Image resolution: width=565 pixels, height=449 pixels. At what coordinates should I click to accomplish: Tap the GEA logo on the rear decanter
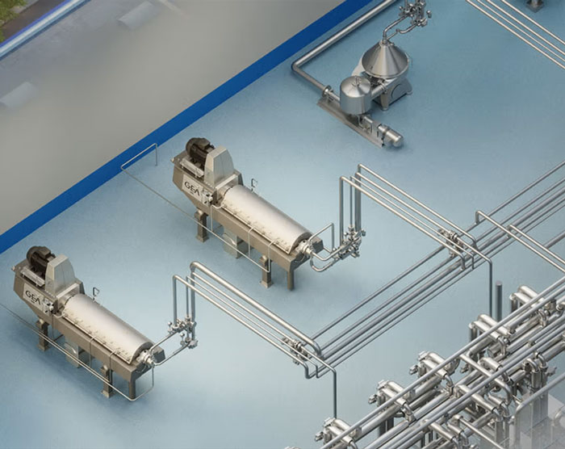click(x=191, y=187)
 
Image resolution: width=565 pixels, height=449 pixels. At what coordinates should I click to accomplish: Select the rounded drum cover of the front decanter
click(x=107, y=325)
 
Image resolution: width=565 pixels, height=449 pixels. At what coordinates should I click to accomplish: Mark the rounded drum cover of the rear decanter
click(x=266, y=217)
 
